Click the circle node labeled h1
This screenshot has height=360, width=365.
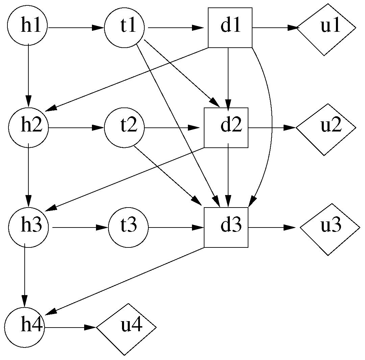point(28,27)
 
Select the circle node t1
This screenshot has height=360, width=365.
point(124,27)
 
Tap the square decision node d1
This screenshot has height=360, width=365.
point(230,27)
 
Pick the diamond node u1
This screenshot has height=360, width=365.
point(326,29)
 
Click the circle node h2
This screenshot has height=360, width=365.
point(28,128)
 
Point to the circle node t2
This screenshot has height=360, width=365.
point(124,128)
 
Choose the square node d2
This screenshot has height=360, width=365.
point(226,128)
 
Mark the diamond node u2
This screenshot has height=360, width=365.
point(326,129)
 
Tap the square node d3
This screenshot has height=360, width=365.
point(226,227)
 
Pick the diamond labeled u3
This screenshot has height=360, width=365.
point(330,229)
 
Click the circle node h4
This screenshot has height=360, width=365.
point(24,327)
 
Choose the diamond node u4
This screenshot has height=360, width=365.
point(126,329)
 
